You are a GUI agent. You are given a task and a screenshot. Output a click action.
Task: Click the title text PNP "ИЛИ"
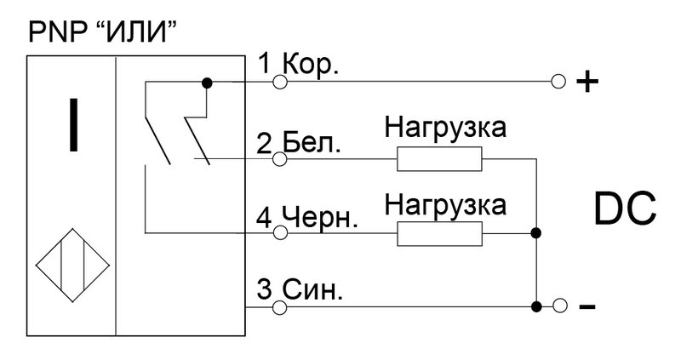point(103,31)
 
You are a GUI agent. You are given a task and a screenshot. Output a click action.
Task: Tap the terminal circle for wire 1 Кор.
point(280,82)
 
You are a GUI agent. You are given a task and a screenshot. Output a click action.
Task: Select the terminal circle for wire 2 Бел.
point(280,159)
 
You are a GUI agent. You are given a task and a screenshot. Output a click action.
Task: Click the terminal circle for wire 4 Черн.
point(280,233)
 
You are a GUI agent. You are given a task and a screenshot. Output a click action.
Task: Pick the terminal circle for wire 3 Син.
point(280,307)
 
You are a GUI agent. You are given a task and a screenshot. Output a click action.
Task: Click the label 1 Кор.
point(298,65)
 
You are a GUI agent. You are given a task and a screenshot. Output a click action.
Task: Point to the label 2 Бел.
point(299,143)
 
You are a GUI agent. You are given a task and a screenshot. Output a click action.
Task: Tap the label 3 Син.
point(300,289)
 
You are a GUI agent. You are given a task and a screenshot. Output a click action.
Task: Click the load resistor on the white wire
point(439,159)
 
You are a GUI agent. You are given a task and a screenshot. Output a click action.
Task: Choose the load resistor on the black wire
point(439,234)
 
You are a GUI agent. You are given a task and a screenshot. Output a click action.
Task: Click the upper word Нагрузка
point(445,129)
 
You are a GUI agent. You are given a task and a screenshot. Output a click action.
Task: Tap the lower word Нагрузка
point(445,204)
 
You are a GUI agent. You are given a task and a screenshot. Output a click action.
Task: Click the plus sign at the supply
point(587,81)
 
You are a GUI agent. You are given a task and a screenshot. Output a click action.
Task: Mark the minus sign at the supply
point(587,307)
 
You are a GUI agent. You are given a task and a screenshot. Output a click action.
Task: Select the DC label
point(625,209)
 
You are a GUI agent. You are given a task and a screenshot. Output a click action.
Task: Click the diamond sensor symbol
point(72,266)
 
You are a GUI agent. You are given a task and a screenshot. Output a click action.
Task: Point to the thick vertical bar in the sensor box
point(74,124)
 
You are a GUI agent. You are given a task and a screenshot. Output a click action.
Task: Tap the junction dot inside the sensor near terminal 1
point(207,83)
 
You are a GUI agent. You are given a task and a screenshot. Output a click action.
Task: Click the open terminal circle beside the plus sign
point(558,81)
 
